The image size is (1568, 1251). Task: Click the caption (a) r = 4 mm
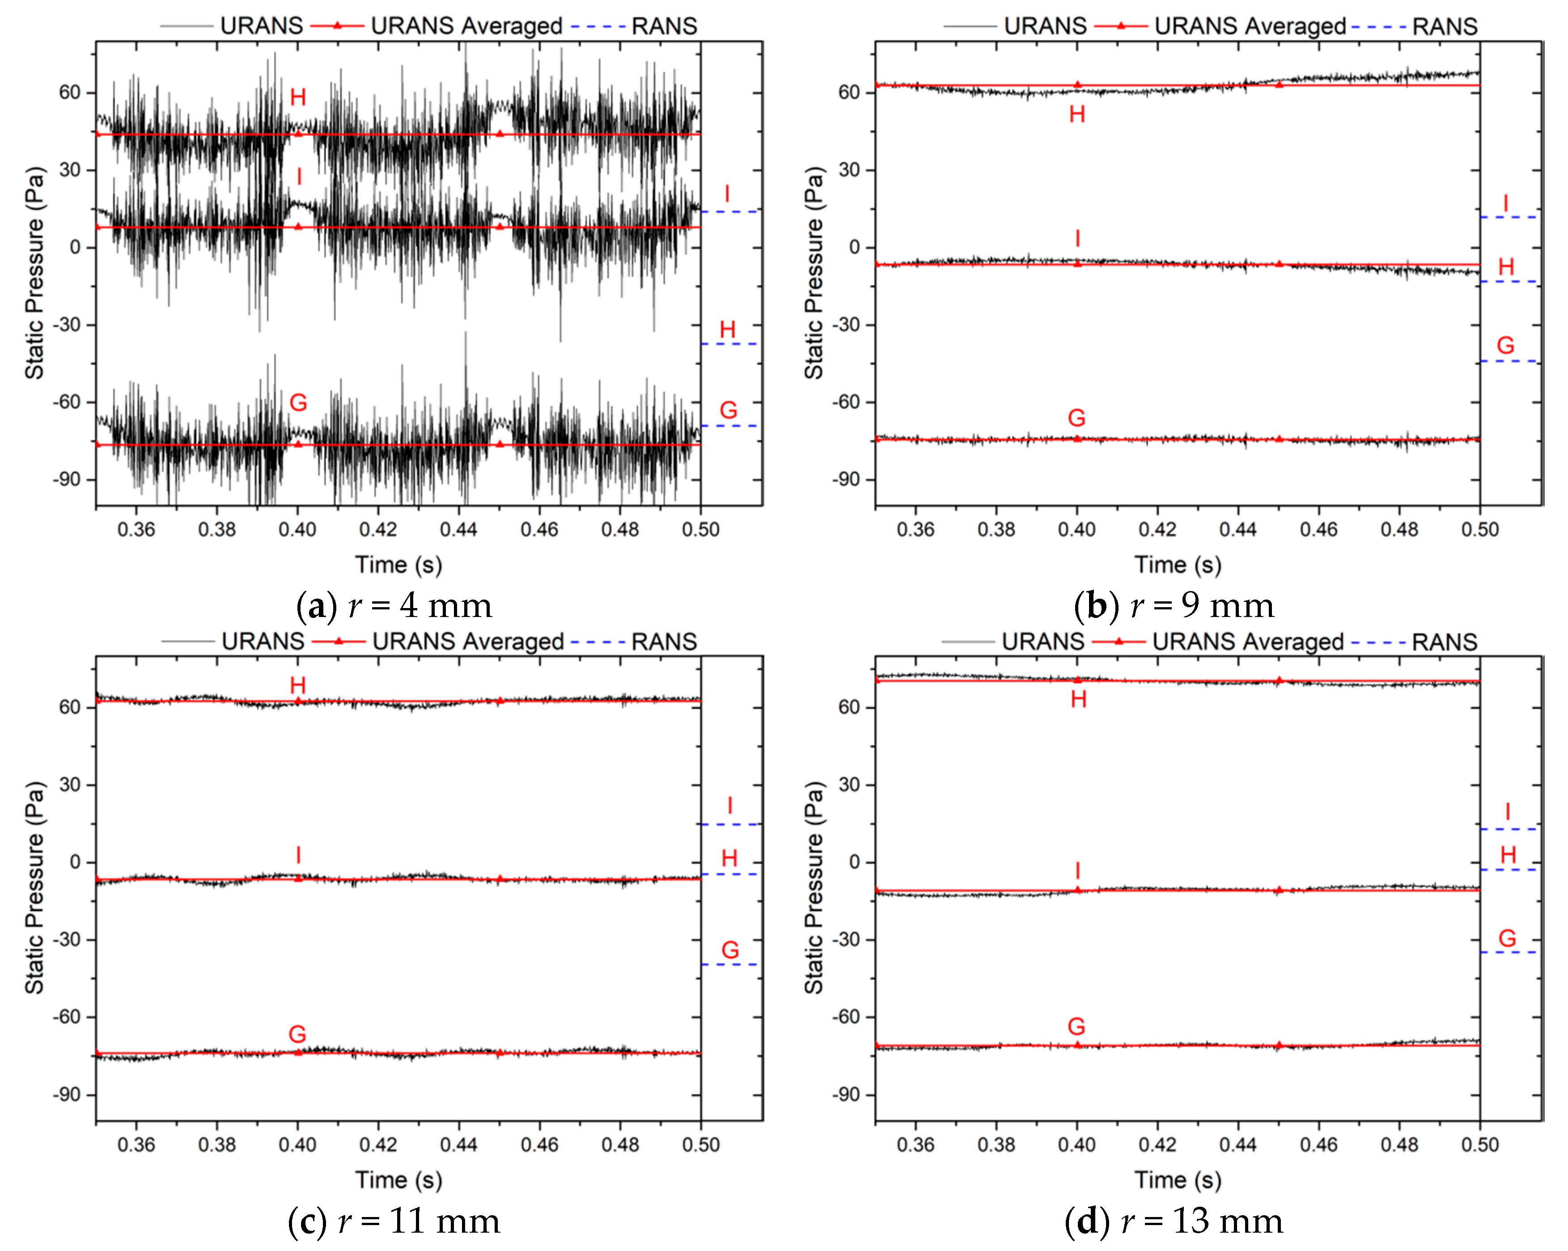(x=395, y=605)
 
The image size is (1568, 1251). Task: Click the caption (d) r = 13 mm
(x=1174, y=1221)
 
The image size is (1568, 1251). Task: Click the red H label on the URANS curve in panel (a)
(x=297, y=97)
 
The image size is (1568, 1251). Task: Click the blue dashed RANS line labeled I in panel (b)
(x=1509, y=216)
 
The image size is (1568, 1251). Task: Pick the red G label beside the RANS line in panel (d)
(x=1507, y=938)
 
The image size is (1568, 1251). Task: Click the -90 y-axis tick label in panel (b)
(x=847, y=480)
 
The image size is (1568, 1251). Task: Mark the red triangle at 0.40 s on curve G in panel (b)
(x=1077, y=438)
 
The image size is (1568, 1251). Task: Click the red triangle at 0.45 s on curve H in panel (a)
(x=500, y=134)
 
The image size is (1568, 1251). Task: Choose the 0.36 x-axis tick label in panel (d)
(x=915, y=1145)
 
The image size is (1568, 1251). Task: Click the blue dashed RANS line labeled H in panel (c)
(x=730, y=874)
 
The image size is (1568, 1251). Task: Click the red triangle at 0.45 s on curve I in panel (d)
(x=1279, y=890)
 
